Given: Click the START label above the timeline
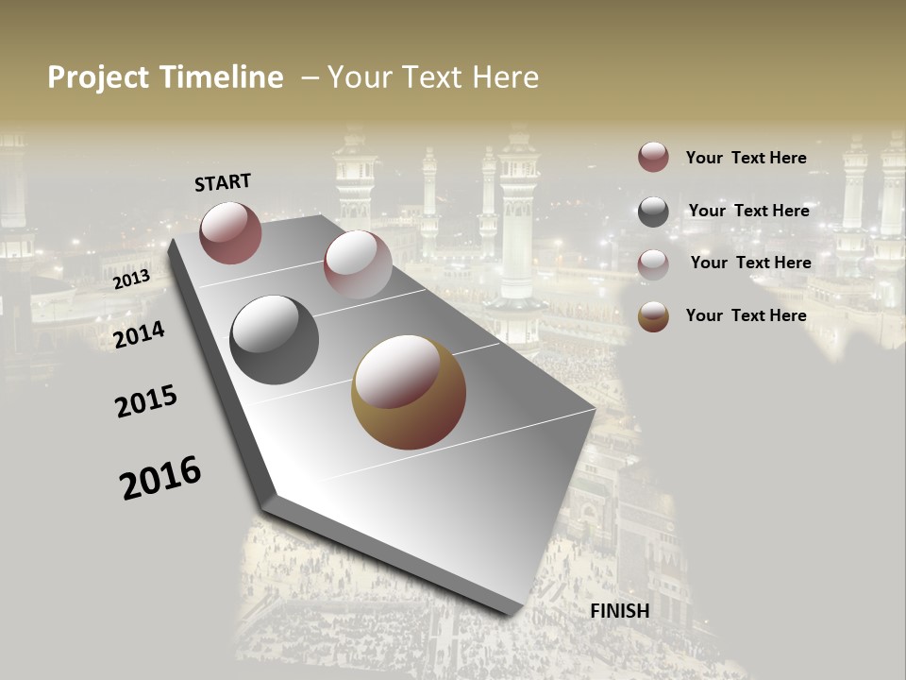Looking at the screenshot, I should pyautogui.click(x=223, y=182).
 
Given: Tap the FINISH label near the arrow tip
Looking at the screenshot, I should pyautogui.click(x=620, y=611).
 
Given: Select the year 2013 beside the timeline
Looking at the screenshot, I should pyautogui.click(x=131, y=280).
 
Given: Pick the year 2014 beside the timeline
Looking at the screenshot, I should pyautogui.click(x=140, y=334).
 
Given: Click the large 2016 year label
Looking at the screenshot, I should pyautogui.click(x=160, y=478).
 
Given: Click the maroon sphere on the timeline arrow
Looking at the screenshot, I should pyautogui.click(x=230, y=232).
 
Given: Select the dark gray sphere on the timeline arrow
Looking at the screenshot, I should pyautogui.click(x=274, y=340).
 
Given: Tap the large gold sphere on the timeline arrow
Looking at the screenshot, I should pyautogui.click(x=409, y=392).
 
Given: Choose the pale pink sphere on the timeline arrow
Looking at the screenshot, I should pyautogui.click(x=358, y=265).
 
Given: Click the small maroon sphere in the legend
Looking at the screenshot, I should pyautogui.click(x=653, y=158).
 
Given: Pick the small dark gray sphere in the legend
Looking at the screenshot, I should pyautogui.click(x=653, y=212).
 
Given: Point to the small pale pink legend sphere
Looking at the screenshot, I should pyautogui.click(x=653, y=264).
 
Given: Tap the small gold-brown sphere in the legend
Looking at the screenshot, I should pyautogui.click(x=653, y=316).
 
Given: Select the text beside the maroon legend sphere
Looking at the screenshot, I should pyautogui.click(x=746, y=158).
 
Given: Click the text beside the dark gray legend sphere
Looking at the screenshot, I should pyautogui.click(x=748, y=211).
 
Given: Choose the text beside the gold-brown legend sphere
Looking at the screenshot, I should pyautogui.click(x=746, y=315).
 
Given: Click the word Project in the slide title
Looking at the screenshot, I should pyautogui.click(x=99, y=77).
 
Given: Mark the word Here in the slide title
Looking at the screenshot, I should pyautogui.click(x=505, y=77).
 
